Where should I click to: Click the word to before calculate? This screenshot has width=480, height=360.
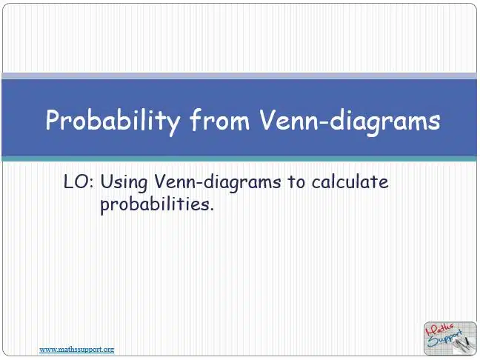(296, 182)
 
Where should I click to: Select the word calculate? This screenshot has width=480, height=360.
(350, 181)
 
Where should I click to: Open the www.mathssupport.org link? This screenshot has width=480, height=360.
(77, 350)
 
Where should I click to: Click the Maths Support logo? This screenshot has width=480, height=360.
(450, 339)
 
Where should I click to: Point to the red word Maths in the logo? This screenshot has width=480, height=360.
(440, 330)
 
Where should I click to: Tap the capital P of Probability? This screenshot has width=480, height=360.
(53, 119)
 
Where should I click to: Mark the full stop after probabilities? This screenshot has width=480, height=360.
(211, 210)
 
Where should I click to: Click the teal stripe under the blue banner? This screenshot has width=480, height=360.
(239, 159)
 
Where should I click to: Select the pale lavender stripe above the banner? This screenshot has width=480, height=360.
(239, 76)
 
